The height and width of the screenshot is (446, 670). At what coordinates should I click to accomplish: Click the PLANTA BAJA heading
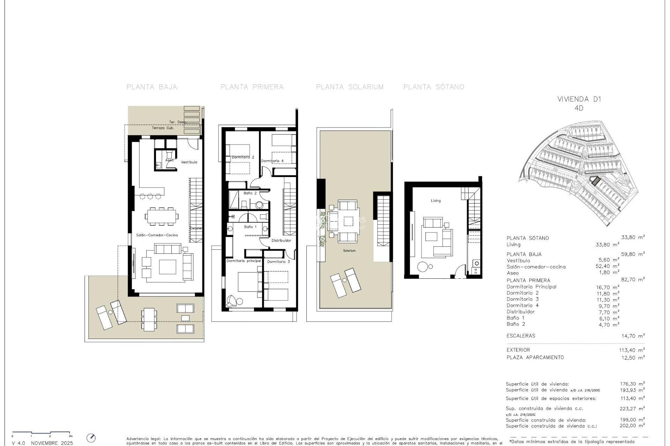pyautogui.click(x=152, y=87)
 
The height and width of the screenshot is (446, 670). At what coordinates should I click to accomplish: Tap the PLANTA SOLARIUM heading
pyautogui.click(x=350, y=87)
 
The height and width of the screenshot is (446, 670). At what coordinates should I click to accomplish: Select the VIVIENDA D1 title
pyautogui.click(x=579, y=99)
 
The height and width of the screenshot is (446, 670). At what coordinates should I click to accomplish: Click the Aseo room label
pyautogui.click(x=169, y=160)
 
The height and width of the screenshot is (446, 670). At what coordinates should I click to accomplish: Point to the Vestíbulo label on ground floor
pyautogui.click(x=189, y=162)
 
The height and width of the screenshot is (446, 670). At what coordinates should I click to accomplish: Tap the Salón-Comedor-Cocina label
pyautogui.click(x=157, y=235)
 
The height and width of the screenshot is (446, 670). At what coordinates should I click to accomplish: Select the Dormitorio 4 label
pyautogui.click(x=272, y=161)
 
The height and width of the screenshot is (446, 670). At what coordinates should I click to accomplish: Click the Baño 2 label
pyautogui.click(x=250, y=193)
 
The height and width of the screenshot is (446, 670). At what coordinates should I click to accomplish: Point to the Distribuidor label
pyautogui.click(x=281, y=240)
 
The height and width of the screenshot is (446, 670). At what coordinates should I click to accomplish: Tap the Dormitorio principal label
pyautogui.click(x=244, y=261)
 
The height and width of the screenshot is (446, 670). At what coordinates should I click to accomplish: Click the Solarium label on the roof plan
pyautogui.click(x=349, y=251)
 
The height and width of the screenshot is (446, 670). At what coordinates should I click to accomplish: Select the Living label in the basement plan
pyautogui.click(x=435, y=201)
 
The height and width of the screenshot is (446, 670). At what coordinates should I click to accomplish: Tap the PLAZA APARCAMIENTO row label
pyautogui.click(x=535, y=357)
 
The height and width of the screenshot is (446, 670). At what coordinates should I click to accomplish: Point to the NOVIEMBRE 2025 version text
pyautogui.click(x=52, y=443)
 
